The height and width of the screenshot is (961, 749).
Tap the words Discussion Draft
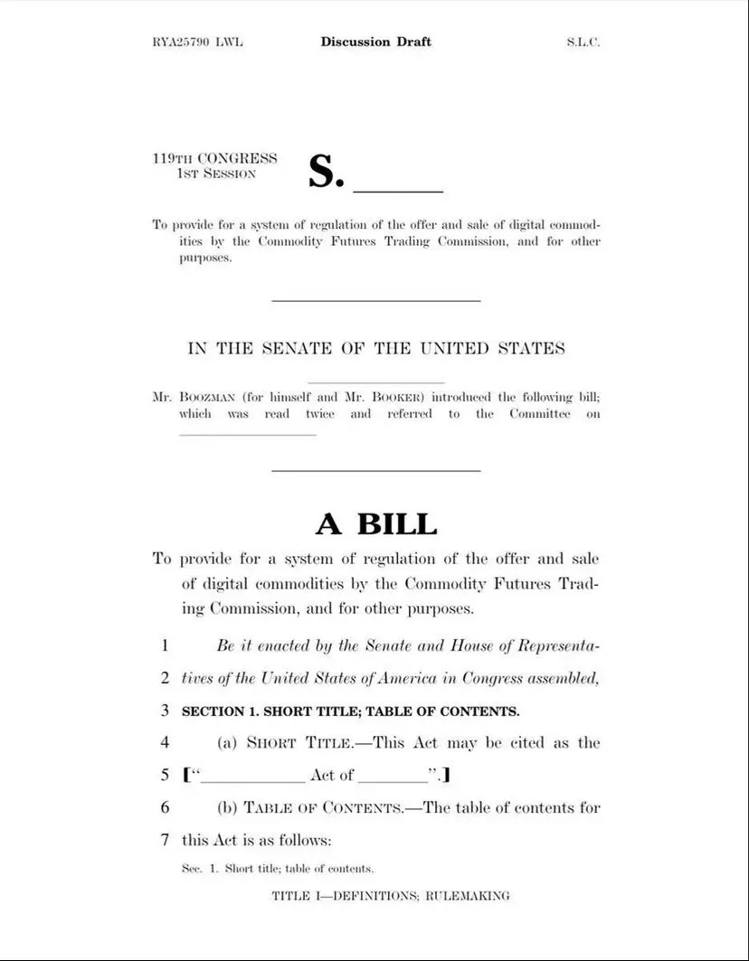(375, 42)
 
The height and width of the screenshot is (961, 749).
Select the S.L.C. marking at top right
(583, 42)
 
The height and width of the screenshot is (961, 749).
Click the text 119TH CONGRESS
(214, 158)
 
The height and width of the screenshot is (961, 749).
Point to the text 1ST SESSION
(216, 173)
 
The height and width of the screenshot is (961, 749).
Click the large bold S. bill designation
(326, 172)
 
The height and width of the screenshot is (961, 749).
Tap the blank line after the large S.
(397, 190)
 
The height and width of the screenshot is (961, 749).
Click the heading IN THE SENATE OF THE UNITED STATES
(375, 349)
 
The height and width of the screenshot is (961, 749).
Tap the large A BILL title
(375, 523)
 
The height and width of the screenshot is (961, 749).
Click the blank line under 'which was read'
(248, 434)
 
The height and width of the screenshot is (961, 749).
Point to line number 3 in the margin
(166, 711)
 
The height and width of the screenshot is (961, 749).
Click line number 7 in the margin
(166, 840)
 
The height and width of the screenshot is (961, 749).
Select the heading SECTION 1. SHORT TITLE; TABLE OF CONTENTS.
(351, 711)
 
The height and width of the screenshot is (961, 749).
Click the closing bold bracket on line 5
(447, 775)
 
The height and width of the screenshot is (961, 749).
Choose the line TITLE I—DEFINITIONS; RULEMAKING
(391, 896)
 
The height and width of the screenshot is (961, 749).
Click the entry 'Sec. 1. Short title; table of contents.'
(278, 869)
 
